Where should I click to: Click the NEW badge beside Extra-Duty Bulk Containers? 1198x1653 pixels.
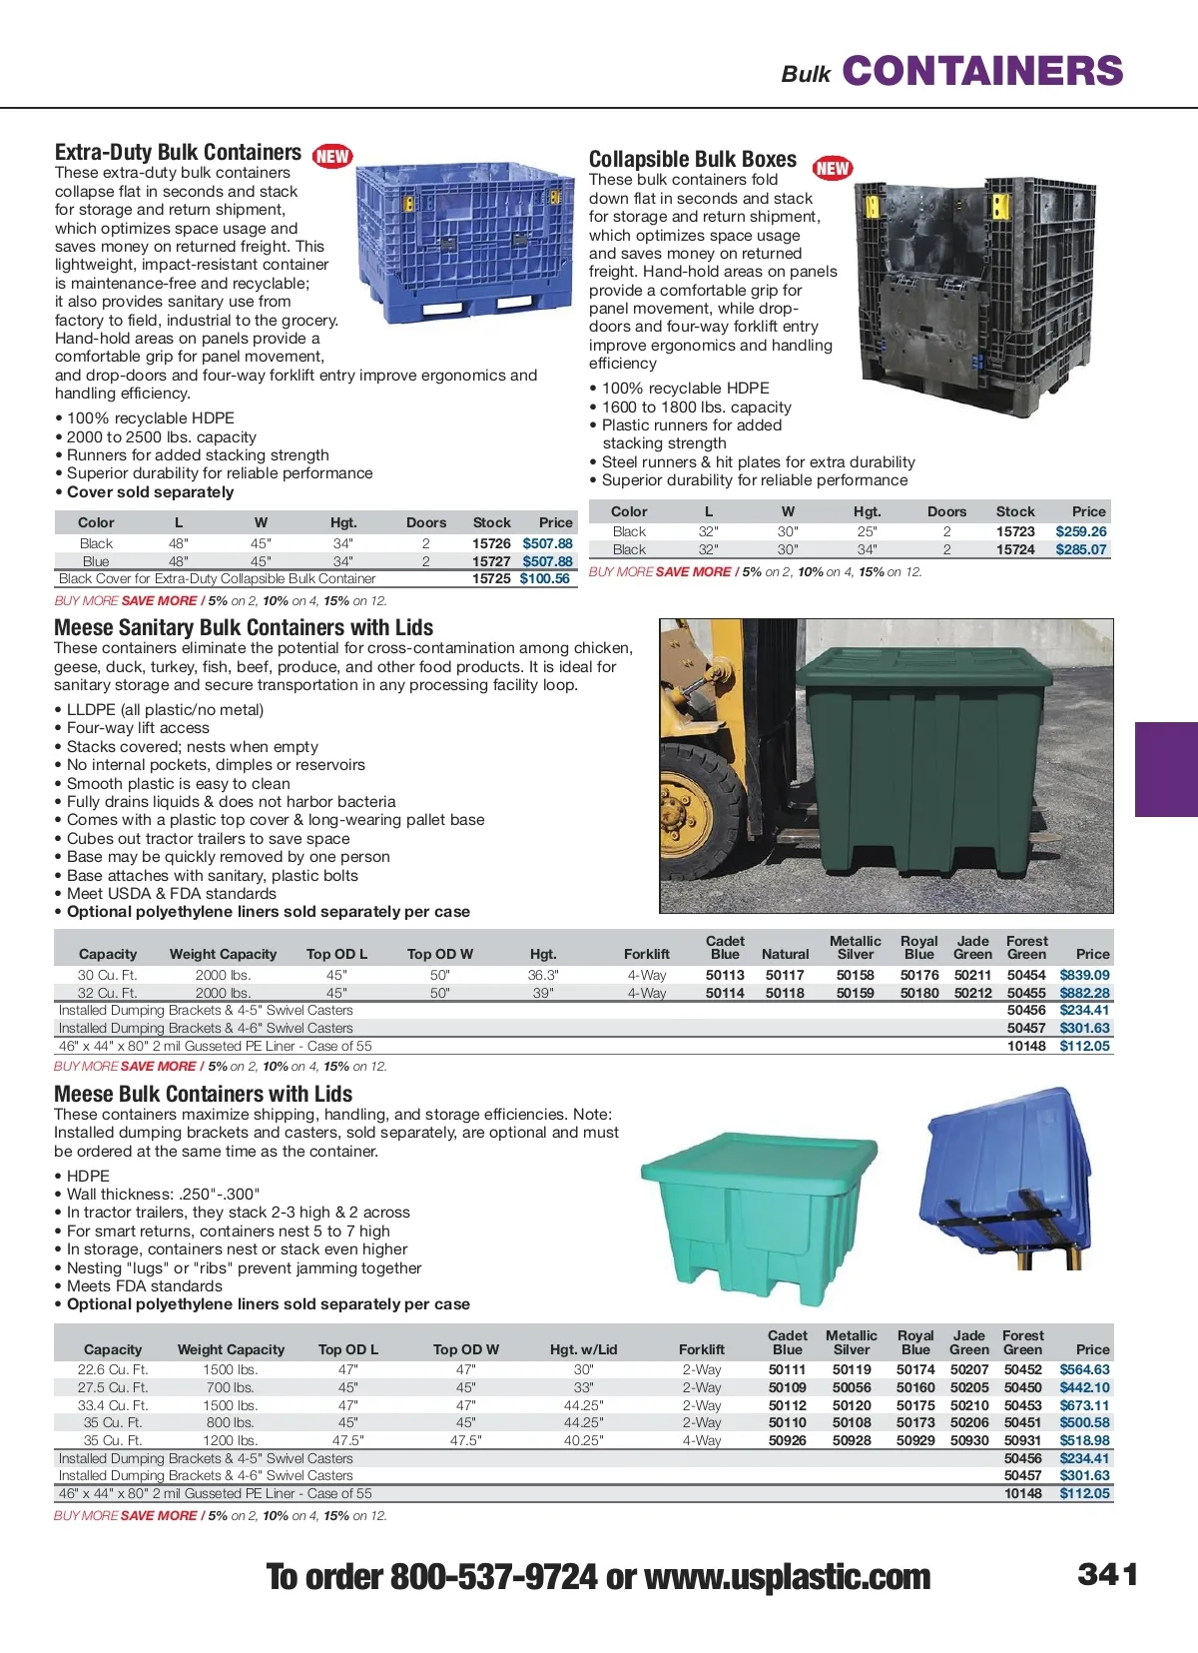332,156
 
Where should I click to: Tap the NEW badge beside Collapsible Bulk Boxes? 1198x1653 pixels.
833,168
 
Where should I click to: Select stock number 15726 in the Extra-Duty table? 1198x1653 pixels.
491,543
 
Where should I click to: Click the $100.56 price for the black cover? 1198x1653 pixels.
545,578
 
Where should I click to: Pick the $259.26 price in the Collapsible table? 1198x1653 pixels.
1081,531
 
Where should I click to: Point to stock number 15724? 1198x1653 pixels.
1015,549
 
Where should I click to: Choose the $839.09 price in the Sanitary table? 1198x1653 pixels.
1084,975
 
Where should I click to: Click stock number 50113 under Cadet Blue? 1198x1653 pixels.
725,975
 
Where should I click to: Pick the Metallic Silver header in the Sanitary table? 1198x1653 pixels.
856,947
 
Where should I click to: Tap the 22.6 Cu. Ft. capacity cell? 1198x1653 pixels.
113,1369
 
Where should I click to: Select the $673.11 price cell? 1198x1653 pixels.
1084,1405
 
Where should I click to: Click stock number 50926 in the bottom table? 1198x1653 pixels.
788,1440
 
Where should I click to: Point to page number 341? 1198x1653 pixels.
1108,1574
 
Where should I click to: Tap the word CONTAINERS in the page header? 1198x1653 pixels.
982,71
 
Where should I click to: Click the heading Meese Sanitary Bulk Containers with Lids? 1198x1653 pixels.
244,627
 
